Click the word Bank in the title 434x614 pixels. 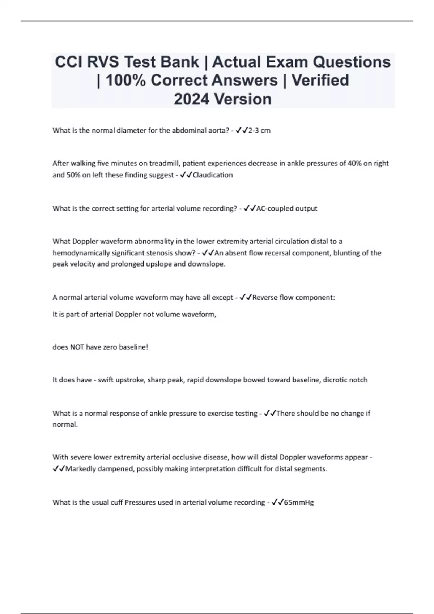tap(179, 62)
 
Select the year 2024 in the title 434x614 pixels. tap(192, 99)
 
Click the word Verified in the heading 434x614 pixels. tap(320, 81)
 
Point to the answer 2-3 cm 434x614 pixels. tap(259, 131)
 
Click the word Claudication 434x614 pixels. tap(213, 175)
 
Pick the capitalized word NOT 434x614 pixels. tap(77, 347)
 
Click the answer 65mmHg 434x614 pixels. tap(299, 502)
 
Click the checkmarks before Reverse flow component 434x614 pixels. tap(246, 298)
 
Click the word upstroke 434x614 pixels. tap(131, 380)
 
